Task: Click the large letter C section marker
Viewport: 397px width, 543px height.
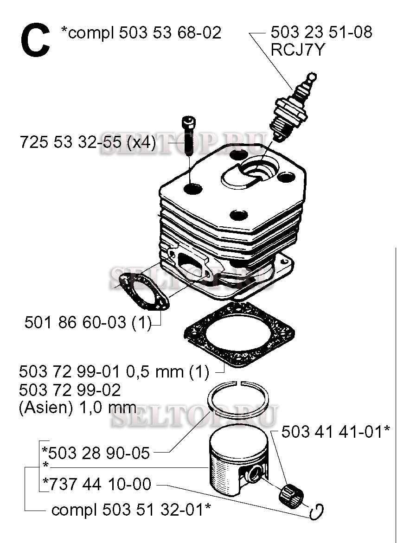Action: coord(35,41)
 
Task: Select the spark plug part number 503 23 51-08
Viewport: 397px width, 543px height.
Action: coord(321,32)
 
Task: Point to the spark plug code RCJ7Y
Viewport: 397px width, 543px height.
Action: coord(298,50)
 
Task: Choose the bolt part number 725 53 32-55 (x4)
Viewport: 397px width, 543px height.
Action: coord(88,142)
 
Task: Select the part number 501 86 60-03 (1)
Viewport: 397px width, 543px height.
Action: coord(88,323)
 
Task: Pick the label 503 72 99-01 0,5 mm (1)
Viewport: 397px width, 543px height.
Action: coord(114,372)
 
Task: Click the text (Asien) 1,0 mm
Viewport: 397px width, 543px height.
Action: coord(77,408)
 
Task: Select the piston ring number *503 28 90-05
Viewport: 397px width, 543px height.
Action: coord(96,453)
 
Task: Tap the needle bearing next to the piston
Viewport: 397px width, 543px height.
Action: coord(291,493)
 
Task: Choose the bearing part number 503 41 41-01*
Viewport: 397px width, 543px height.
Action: coord(336,432)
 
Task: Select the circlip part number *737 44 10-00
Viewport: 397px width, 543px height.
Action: coord(96,484)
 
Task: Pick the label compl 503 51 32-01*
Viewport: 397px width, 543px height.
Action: coord(131,510)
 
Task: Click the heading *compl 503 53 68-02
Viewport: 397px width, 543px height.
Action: coord(141,33)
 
